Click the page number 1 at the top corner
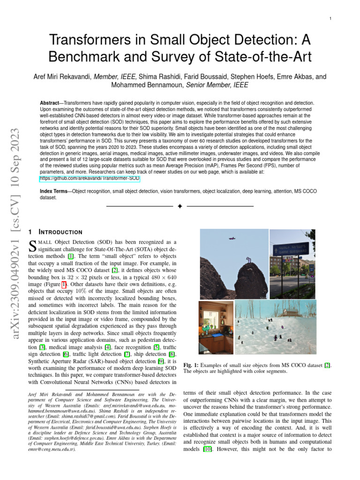(330, 19)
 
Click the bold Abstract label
(52, 103)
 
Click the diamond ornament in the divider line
(180, 206)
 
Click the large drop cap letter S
(33, 245)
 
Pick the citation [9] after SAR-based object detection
(161, 361)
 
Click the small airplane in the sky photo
(232, 239)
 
